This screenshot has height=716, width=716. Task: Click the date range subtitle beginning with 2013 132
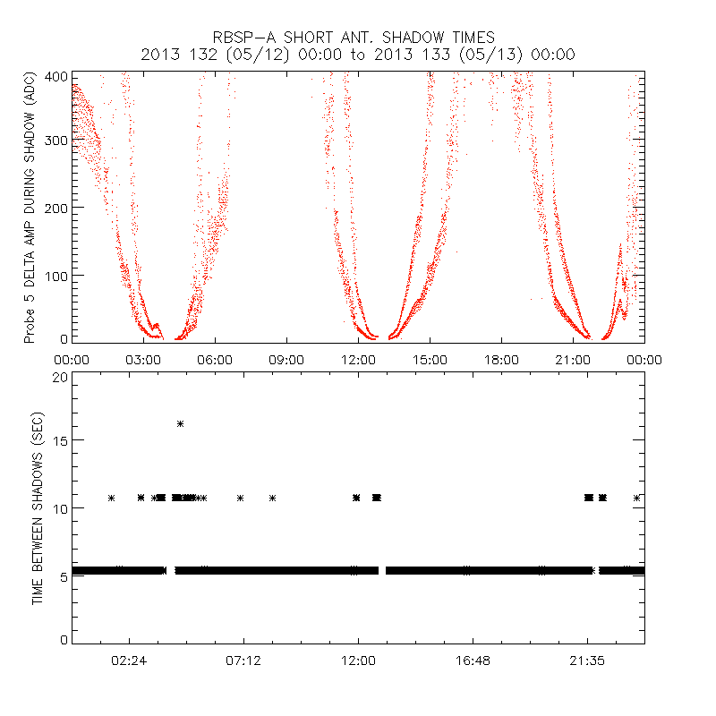click(357, 55)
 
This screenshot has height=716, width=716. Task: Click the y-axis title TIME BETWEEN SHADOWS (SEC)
click(38, 507)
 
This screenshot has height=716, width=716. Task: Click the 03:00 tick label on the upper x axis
click(143, 359)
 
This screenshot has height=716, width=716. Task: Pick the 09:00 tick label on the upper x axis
click(286, 359)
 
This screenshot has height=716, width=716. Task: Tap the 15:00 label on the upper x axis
click(430, 359)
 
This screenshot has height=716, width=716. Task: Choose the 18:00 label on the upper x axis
click(501, 359)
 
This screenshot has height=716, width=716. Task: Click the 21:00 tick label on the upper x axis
click(573, 359)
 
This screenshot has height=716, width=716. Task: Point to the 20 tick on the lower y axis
click(60, 377)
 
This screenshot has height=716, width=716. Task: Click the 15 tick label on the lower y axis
click(60, 440)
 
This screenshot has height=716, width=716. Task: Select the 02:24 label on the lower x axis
click(130, 660)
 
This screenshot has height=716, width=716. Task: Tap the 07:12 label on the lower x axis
click(243, 660)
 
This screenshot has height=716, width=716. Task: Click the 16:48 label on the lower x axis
click(472, 660)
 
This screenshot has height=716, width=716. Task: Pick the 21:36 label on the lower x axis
click(586, 660)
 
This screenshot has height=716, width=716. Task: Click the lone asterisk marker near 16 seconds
click(180, 423)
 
